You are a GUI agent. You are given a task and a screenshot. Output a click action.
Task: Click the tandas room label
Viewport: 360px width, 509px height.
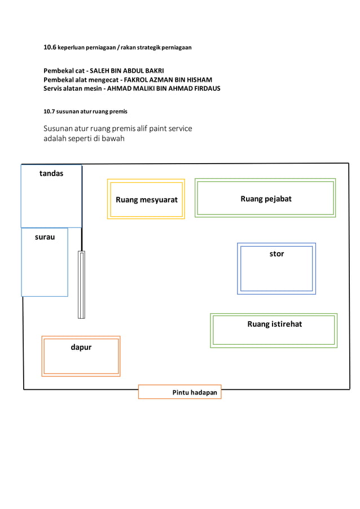[x=51, y=174]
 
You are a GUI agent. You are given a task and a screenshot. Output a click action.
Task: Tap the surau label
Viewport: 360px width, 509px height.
[x=45, y=237]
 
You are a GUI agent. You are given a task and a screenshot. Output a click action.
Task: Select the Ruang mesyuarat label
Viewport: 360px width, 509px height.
[x=147, y=200]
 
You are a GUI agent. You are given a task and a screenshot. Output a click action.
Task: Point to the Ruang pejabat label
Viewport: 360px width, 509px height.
[x=266, y=199]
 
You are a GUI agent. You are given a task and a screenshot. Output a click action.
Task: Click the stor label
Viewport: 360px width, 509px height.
[x=276, y=254]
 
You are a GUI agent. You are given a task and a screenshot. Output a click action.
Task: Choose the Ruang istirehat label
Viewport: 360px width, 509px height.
[x=274, y=324]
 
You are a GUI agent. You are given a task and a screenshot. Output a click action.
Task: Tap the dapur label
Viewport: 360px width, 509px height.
[x=81, y=348]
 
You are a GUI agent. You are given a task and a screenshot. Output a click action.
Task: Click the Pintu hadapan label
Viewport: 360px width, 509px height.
[x=195, y=392]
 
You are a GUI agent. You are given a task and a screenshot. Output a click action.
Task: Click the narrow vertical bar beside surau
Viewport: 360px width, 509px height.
[x=81, y=284]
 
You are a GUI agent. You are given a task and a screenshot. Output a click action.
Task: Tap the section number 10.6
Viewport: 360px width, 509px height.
[x=50, y=47]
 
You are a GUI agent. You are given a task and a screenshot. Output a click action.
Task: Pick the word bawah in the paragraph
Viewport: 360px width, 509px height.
[x=113, y=139]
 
